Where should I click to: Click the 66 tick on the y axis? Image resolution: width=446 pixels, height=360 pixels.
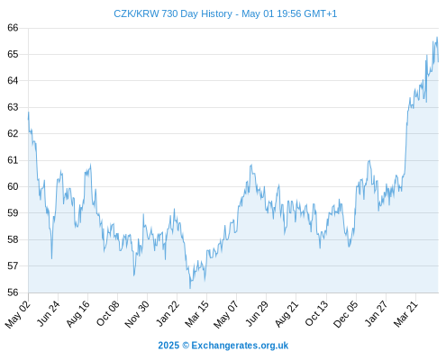(x=13, y=28)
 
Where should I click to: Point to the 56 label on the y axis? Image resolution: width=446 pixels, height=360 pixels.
(x=13, y=292)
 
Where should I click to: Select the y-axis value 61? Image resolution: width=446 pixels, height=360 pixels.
(x=13, y=160)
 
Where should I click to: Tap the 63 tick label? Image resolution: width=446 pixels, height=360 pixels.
(x=13, y=107)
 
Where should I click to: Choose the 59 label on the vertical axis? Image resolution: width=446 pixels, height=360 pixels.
(x=13, y=213)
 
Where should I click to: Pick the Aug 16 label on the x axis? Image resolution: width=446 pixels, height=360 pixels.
(x=78, y=313)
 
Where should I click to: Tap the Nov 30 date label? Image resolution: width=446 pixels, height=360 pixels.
(x=137, y=314)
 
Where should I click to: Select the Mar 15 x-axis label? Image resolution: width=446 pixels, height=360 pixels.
(x=197, y=314)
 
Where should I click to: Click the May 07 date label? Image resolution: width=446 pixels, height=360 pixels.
(x=226, y=314)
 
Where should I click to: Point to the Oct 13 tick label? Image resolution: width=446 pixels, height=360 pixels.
(x=317, y=313)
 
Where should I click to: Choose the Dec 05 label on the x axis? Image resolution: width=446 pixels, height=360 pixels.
(x=346, y=314)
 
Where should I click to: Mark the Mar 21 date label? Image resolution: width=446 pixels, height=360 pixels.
(x=405, y=314)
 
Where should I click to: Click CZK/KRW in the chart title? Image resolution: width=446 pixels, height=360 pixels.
(x=136, y=13)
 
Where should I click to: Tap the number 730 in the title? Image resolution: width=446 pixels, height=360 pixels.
(x=169, y=13)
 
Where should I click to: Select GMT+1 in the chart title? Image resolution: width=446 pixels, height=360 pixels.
(x=321, y=13)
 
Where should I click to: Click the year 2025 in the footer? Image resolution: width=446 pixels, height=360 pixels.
(x=168, y=346)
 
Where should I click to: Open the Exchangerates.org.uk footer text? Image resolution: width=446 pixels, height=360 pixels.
(x=240, y=346)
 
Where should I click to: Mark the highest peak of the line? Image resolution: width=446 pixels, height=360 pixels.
(x=437, y=37)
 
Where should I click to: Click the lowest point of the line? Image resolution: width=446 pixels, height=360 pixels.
(x=190, y=288)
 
